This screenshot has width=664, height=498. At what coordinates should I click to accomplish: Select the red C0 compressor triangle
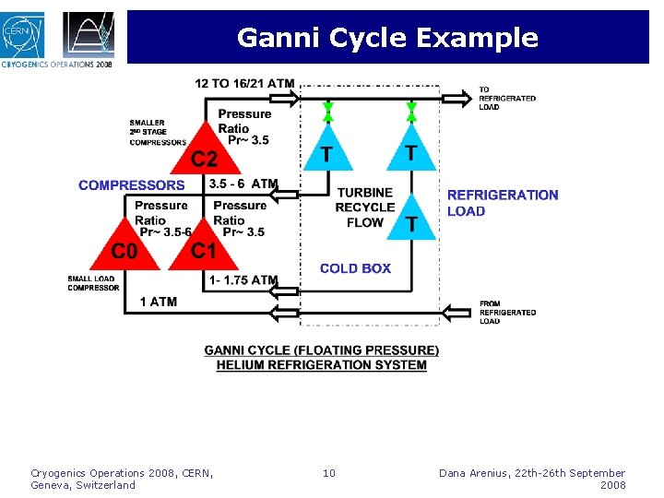pos(123,247)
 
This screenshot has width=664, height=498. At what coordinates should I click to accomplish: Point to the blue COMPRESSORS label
pos(131,185)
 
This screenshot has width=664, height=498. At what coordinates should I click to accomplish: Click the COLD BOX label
pos(355,268)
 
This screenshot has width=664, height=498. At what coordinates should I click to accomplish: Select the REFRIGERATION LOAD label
pos(503,203)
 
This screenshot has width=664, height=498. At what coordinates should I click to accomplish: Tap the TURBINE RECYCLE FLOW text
pos(364,207)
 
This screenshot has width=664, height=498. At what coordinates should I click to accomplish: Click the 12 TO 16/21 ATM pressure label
pos(244,84)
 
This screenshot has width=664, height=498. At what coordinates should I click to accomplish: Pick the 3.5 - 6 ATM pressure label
pos(243,184)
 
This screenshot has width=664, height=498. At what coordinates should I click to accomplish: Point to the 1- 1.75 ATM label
pos(243,280)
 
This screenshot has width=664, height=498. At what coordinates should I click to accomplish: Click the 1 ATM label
pos(159,302)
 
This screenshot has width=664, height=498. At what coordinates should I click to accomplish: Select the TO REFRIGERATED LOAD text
pos(506,99)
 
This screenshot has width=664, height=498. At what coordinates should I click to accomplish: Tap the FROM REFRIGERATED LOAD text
pos(506,313)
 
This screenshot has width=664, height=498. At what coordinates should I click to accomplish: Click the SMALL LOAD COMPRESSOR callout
pos(93,283)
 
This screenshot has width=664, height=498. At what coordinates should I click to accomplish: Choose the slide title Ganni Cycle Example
pos(387,38)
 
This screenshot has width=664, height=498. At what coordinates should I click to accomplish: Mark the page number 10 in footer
pos(329,474)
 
